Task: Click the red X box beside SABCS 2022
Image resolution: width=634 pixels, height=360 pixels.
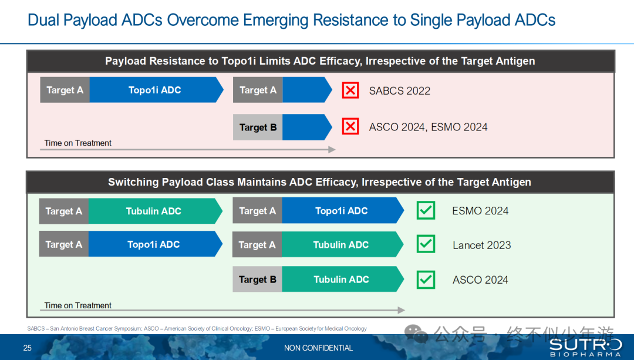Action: tap(350, 90)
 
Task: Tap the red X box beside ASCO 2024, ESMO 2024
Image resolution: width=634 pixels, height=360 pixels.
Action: tap(350, 127)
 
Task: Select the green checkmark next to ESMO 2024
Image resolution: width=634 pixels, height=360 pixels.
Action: tap(426, 210)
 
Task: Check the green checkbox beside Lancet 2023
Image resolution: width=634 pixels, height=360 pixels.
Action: tap(426, 244)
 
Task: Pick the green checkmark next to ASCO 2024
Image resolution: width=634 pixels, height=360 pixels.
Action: tap(426, 280)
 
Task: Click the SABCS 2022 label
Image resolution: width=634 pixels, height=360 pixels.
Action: tap(400, 90)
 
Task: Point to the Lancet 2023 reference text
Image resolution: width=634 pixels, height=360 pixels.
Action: tap(481, 245)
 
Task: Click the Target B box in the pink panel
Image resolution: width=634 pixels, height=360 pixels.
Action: tap(258, 127)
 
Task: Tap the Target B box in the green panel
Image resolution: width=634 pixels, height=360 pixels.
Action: tap(257, 279)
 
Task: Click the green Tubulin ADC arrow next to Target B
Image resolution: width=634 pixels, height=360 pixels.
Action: tap(342, 279)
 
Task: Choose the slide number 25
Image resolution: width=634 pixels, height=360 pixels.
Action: tap(28, 348)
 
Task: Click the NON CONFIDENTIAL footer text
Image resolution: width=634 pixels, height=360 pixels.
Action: tap(318, 348)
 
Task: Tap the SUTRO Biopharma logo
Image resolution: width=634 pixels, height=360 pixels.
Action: tap(585, 348)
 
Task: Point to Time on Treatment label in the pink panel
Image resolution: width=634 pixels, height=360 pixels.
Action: tap(77, 143)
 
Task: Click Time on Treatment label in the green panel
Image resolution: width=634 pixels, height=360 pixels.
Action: tap(77, 305)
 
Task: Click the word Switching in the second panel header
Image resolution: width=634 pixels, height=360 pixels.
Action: tap(133, 183)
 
